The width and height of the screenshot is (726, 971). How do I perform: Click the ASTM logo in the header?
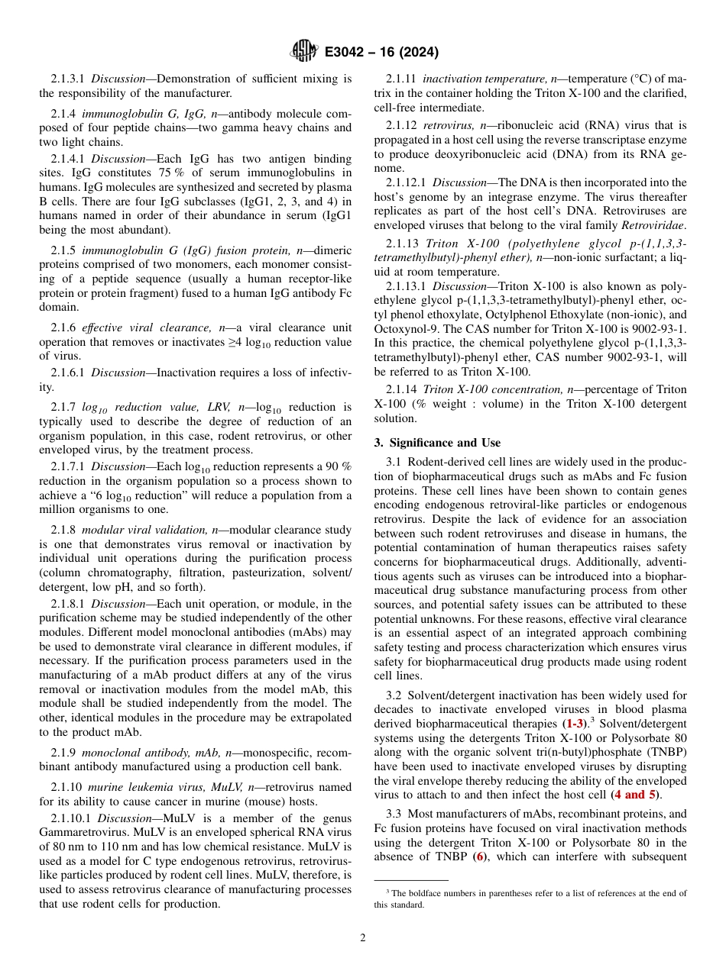click(304, 52)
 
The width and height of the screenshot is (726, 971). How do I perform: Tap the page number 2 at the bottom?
click(363, 938)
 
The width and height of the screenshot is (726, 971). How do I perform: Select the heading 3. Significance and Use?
click(437, 443)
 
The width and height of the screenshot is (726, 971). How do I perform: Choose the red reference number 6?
click(478, 857)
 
